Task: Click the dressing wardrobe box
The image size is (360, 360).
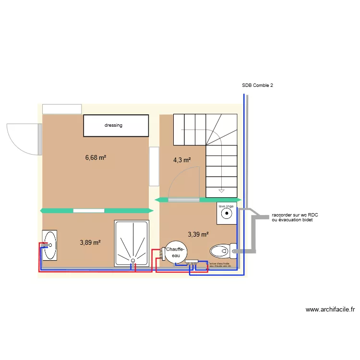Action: tap(116, 125)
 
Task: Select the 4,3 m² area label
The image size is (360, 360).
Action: tap(182, 160)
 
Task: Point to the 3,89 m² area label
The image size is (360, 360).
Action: tap(90, 243)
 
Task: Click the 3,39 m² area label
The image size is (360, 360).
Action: tap(198, 235)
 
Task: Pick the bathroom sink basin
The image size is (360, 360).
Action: tap(50, 245)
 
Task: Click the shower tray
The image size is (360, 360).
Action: tap(132, 243)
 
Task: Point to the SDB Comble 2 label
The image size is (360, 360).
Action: tap(258, 85)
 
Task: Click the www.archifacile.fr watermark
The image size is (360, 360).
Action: tap(330, 310)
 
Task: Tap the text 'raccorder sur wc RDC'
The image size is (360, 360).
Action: tap(295, 215)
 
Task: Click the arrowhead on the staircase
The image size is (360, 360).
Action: tap(221, 189)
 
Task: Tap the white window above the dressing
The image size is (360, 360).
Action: tap(62, 109)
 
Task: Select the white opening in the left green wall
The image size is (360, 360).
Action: tap(88, 210)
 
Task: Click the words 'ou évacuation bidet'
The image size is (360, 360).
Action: tap(292, 220)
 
